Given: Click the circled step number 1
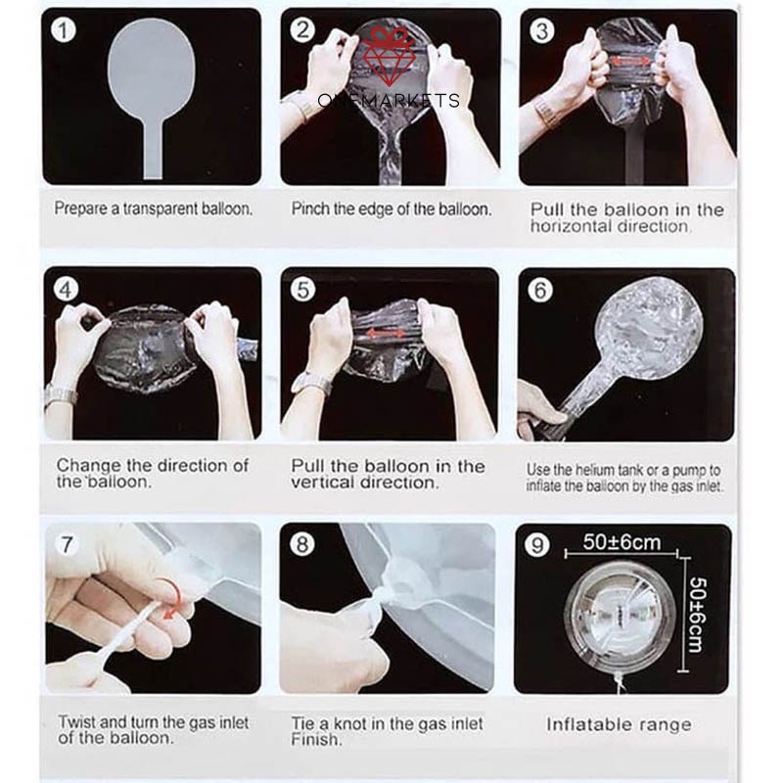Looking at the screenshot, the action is tap(64, 31).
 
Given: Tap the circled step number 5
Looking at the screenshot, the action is tap(302, 290).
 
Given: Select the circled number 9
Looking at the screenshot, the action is tap(536, 545).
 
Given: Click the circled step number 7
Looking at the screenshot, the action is tap(67, 544).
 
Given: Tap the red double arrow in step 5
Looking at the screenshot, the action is tap(386, 333).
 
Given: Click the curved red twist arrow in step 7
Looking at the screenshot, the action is tap(172, 598).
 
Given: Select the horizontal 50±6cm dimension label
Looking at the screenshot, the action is tap(622, 542).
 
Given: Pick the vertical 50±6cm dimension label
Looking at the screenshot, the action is tap(697, 616).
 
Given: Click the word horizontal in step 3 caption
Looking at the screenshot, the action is tap(572, 226).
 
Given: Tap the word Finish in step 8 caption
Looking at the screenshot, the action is tap(316, 739).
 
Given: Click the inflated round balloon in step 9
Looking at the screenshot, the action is tap(622, 617).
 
